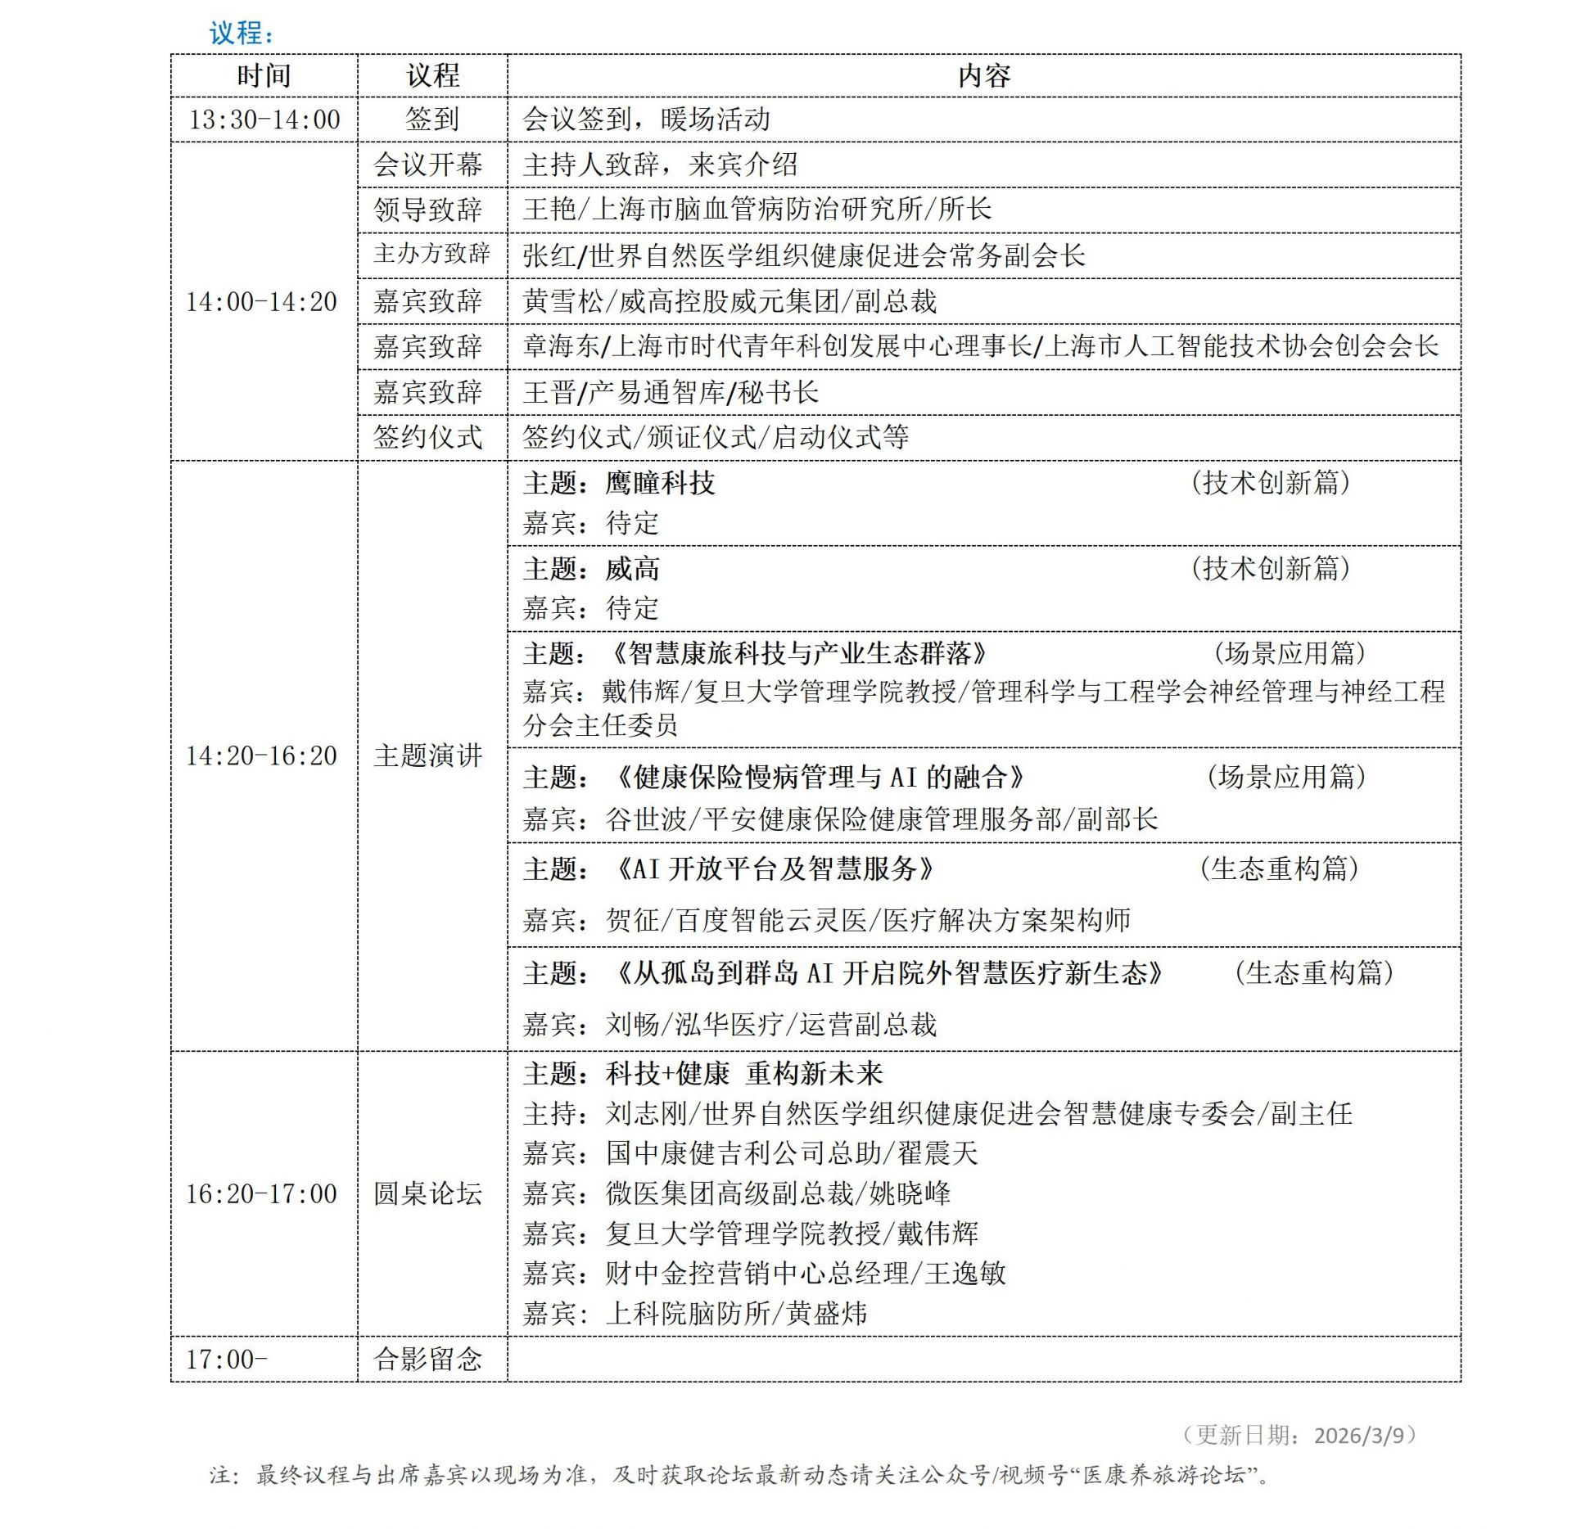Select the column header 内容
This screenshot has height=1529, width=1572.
click(x=983, y=76)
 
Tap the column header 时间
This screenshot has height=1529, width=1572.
click(x=264, y=76)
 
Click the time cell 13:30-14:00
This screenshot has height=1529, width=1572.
click(x=264, y=120)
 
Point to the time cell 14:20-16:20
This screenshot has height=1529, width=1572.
click(x=261, y=755)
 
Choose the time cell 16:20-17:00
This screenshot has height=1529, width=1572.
click(x=261, y=1193)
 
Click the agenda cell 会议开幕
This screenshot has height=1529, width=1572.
click(x=427, y=165)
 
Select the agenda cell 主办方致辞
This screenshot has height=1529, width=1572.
click(x=431, y=255)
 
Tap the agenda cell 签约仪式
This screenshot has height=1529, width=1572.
click(x=427, y=437)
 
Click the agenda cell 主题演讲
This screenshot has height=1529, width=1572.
click(x=427, y=755)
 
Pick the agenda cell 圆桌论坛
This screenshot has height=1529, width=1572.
click(x=427, y=1193)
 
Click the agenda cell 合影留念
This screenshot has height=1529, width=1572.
click(x=427, y=1360)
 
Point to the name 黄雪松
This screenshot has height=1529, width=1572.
click(x=563, y=301)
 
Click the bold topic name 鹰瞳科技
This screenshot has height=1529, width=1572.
click(x=660, y=483)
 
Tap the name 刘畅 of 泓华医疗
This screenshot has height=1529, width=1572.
click(x=632, y=1024)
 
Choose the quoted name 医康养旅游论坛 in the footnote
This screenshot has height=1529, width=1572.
click(x=1164, y=1475)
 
